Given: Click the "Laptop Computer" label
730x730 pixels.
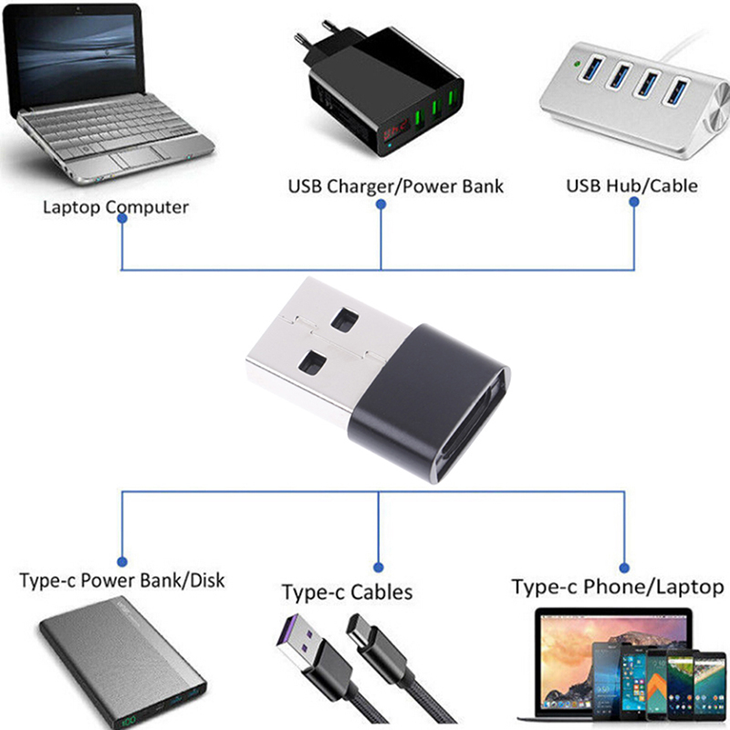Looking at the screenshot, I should click(x=116, y=207).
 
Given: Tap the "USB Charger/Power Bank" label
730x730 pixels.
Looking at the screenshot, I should click(x=396, y=187).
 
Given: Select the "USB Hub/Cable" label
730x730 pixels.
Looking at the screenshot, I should click(x=631, y=185).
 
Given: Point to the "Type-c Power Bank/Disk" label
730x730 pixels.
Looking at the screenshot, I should click(x=121, y=580).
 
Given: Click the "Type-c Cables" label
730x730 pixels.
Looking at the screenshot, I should click(x=347, y=592).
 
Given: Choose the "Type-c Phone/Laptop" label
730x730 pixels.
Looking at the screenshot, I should click(x=618, y=587).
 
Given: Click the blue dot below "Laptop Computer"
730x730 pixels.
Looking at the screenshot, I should click(x=121, y=229).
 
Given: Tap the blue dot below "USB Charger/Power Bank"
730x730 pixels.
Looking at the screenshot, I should click(x=381, y=207).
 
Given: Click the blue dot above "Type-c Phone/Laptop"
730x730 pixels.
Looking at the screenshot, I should click(x=625, y=567).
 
